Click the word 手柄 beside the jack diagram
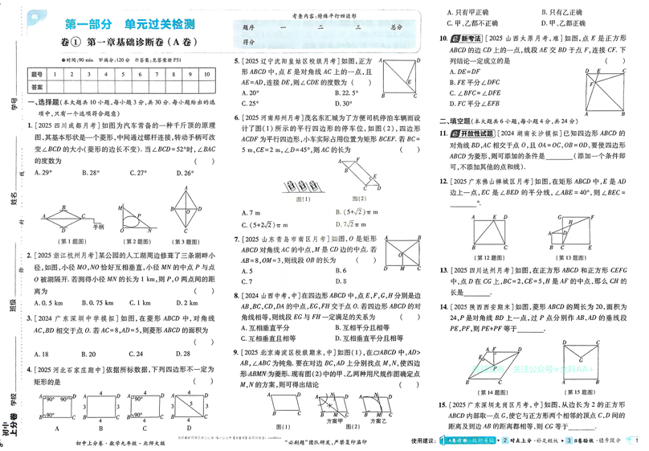[99, 228]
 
